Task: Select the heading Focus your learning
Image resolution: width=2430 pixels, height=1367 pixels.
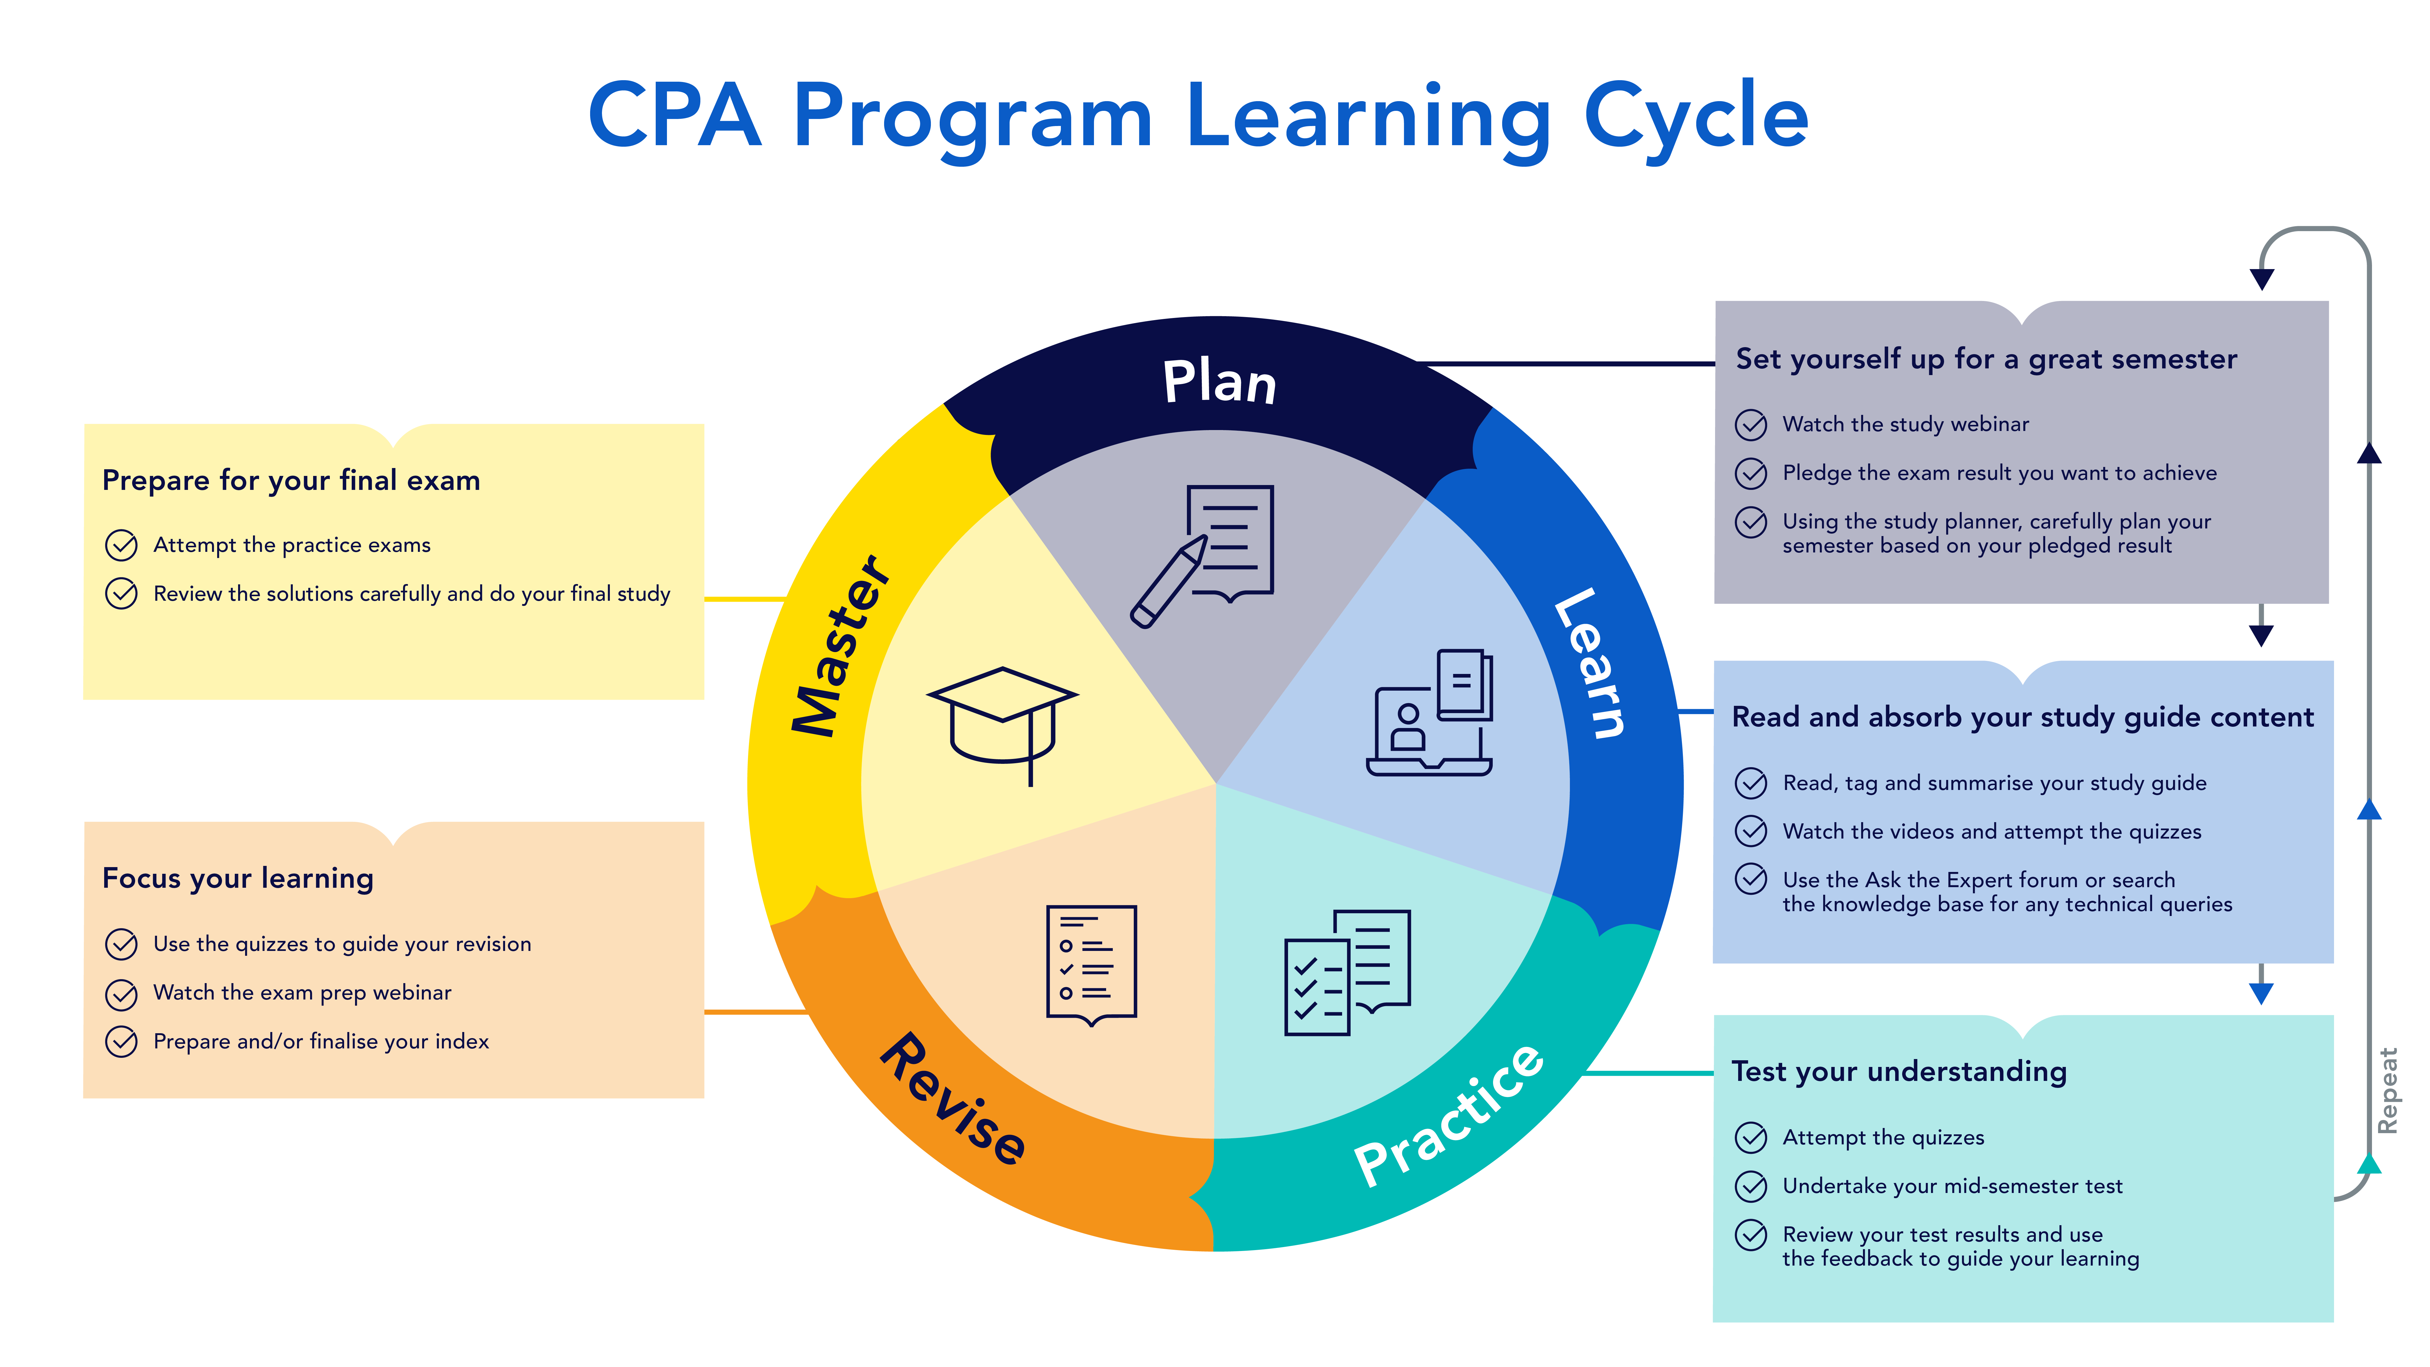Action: (238, 879)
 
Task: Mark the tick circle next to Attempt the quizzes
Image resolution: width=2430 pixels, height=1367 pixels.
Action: (1751, 1138)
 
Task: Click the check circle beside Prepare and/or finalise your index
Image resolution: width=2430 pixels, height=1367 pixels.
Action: (121, 1041)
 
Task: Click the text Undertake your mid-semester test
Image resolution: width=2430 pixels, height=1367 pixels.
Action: (1952, 1186)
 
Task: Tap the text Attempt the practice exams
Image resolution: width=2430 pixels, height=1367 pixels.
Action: (292, 545)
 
